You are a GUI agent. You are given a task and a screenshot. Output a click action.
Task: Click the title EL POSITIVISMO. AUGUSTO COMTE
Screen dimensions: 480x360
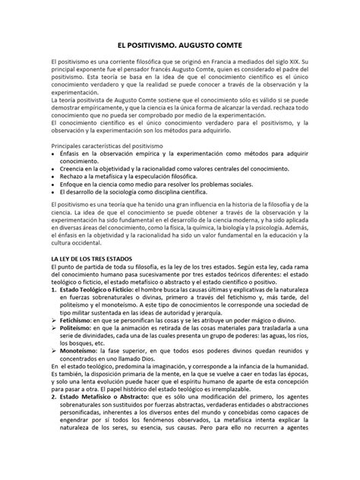coord(179,46)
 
